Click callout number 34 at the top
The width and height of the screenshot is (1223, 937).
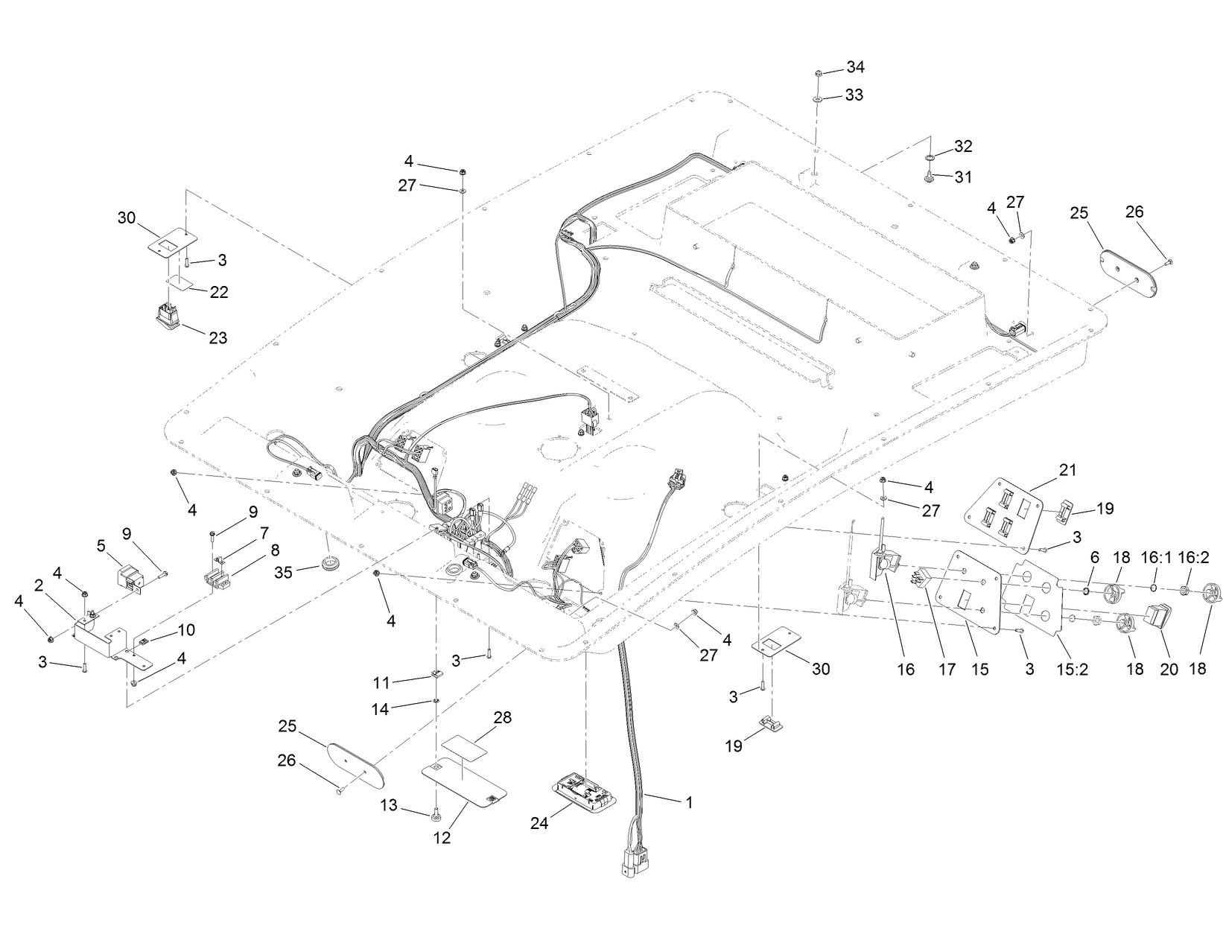tap(855, 68)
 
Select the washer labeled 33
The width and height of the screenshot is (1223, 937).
tap(817, 97)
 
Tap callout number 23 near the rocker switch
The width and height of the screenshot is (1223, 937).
tap(217, 337)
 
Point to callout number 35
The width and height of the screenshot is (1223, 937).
tap(283, 572)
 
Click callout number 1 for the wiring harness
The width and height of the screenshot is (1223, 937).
tap(689, 802)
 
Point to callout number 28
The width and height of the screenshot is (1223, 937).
tap(503, 717)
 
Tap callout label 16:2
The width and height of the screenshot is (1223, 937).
tap(1189, 557)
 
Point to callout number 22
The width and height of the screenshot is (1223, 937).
tap(218, 291)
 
